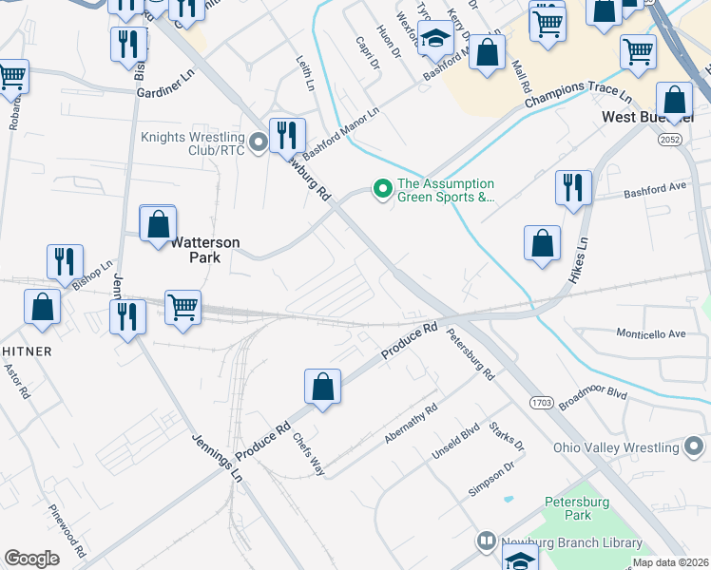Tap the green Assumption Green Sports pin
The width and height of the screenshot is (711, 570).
tap(383, 190)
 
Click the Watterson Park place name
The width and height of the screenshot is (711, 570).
tap(207, 250)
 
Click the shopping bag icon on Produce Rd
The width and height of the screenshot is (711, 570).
tap(323, 388)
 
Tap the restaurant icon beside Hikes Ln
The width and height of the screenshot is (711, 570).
tap(573, 187)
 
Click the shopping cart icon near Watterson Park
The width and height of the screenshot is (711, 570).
tap(183, 308)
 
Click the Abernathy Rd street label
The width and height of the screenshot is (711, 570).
tap(411, 424)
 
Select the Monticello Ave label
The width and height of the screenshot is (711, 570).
tap(651, 334)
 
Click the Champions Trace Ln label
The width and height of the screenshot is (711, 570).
tap(578, 97)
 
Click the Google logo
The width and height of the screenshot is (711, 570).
tap(31, 559)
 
